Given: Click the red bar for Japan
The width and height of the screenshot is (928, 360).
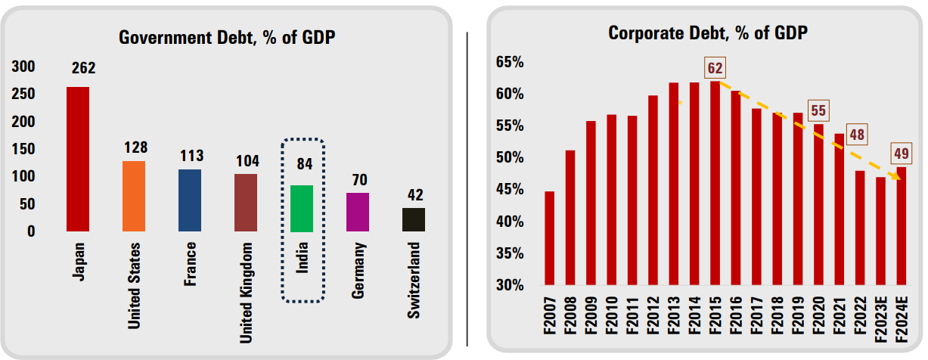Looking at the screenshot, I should pyautogui.click(x=78, y=159).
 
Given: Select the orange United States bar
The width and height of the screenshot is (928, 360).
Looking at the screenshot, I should pyautogui.click(x=134, y=196).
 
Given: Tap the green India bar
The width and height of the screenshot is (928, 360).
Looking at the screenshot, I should pyautogui.click(x=302, y=208).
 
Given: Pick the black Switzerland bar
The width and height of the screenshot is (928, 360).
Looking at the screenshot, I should pyautogui.click(x=414, y=219).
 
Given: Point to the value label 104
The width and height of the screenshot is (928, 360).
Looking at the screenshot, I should pyautogui.click(x=247, y=160).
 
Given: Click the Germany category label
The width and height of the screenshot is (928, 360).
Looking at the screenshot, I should pyautogui.click(x=358, y=272).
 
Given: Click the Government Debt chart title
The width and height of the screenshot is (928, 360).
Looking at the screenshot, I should pyautogui.click(x=228, y=37).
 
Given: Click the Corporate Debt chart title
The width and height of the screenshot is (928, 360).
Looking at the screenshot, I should pyautogui.click(x=708, y=33).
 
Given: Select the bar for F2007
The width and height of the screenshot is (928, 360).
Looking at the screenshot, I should pyautogui.click(x=550, y=238).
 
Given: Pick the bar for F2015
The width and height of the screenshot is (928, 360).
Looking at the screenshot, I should pyautogui.click(x=715, y=184).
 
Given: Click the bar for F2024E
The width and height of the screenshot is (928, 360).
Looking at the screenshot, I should pyautogui.click(x=901, y=226).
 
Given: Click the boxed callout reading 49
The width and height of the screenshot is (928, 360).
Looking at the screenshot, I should pyautogui.click(x=902, y=154).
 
